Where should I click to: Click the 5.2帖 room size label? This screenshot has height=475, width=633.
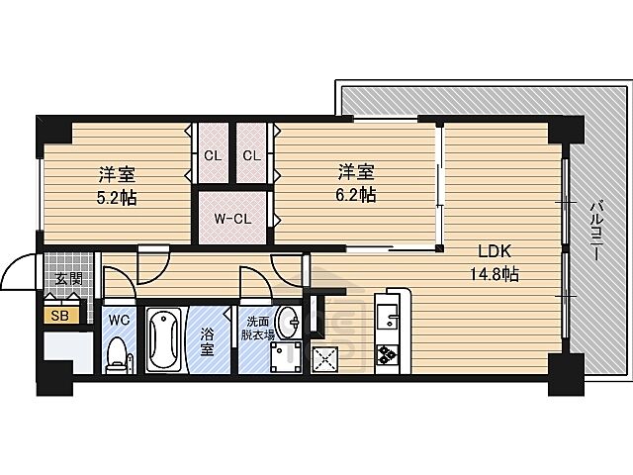coord(117,197)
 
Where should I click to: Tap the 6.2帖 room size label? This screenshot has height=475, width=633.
coord(353,194)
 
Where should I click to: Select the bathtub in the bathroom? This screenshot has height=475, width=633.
coord(165,342)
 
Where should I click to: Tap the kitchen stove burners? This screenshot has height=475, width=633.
coord(385,353)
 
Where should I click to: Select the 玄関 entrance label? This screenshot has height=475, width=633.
coord(67,278)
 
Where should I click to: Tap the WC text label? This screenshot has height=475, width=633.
coord(118,320)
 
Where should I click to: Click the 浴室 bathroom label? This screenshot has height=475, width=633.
coord(207,342)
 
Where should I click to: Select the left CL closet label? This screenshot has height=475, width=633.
coord(212,154)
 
